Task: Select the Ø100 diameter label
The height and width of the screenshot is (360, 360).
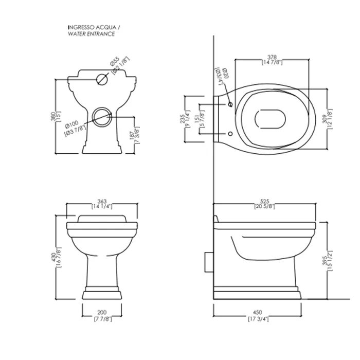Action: click(73, 123)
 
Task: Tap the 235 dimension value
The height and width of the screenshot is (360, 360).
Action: click(183, 119)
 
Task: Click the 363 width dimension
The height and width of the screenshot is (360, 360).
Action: click(103, 202)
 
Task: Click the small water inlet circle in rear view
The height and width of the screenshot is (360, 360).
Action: click(102, 79)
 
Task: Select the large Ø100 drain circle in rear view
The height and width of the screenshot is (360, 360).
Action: click(102, 116)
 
